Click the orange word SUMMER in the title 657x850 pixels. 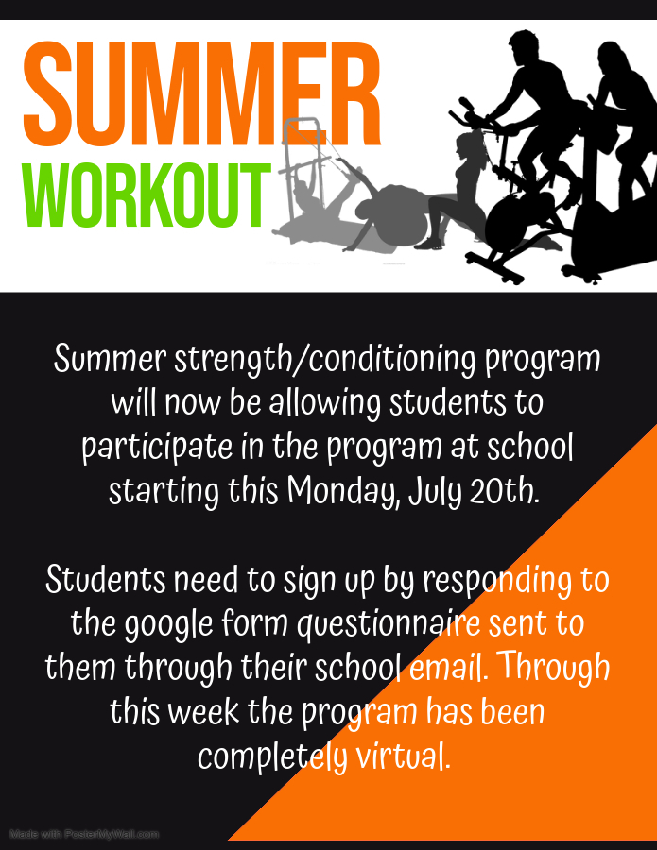(x=201, y=93)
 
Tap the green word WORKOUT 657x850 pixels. (x=146, y=195)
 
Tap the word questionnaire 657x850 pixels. (x=389, y=624)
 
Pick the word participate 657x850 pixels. (x=157, y=449)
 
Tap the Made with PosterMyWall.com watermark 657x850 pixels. (x=84, y=834)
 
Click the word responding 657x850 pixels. (x=497, y=581)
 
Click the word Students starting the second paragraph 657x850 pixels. (x=105, y=579)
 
